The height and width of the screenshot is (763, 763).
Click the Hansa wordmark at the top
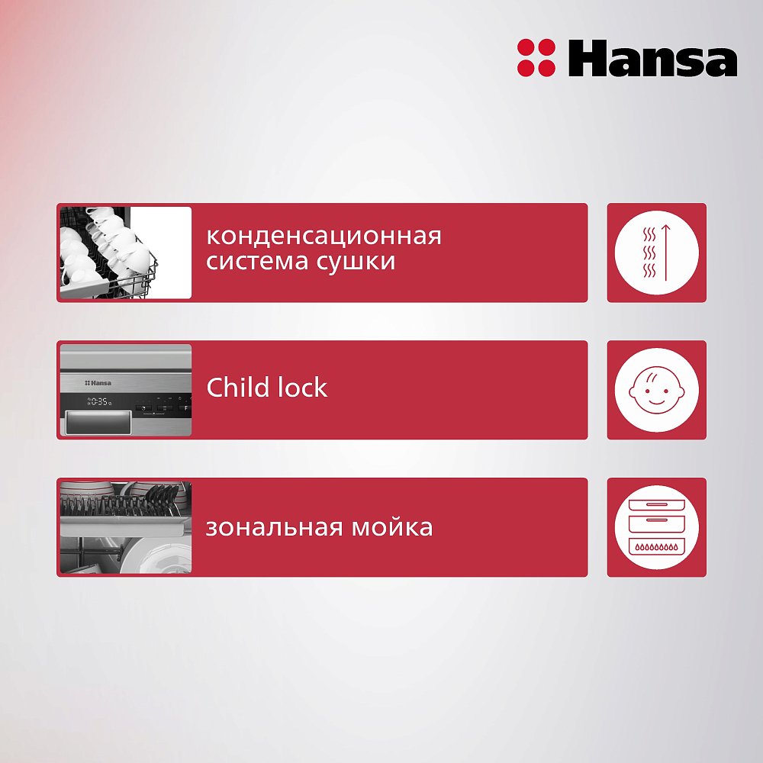pos(652,59)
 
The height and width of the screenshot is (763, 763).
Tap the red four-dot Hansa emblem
pos(536,58)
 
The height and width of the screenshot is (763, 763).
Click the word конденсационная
pos(324,236)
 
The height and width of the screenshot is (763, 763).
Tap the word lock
pos(301,388)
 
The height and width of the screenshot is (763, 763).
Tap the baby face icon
pos(656,390)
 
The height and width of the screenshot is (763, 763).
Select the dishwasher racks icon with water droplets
pos(656,527)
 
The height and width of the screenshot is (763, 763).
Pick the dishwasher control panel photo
pos(125,390)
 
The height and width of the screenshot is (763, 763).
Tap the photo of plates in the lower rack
pos(125,527)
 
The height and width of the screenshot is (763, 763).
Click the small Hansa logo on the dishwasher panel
pos(98,381)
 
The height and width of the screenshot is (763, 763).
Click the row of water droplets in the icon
pos(656,546)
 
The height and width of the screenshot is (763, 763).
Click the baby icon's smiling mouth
pos(656,403)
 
